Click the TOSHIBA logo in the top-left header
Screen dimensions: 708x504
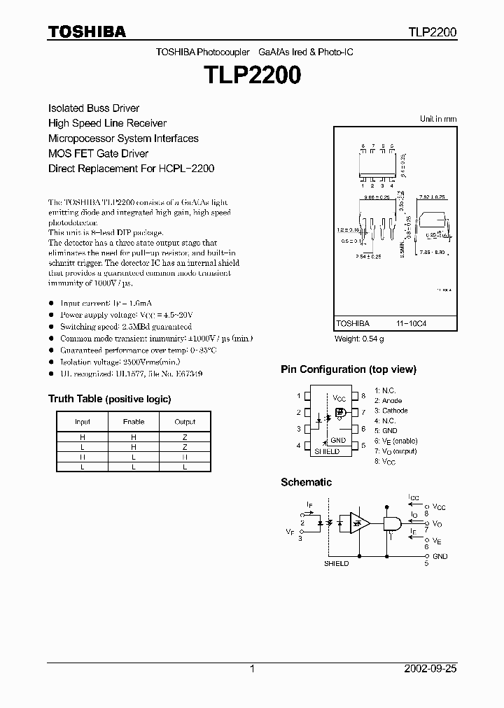87,31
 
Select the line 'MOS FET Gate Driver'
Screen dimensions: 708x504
98,153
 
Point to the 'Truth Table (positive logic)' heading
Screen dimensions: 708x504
109,399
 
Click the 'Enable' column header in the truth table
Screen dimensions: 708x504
134,422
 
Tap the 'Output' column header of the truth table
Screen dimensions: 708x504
185,422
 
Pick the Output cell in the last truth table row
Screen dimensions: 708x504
185,466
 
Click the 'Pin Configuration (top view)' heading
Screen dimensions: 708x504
348,369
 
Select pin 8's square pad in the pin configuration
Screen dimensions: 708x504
355,395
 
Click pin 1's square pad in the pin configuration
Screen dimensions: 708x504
306,395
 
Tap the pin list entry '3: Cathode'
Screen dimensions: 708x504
391,411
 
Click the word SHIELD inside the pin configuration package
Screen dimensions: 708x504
327,451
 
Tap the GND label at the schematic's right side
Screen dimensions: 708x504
440,556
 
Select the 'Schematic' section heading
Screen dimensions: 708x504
306,482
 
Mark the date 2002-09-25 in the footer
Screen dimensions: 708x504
430,669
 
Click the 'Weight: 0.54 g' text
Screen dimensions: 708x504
359,339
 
